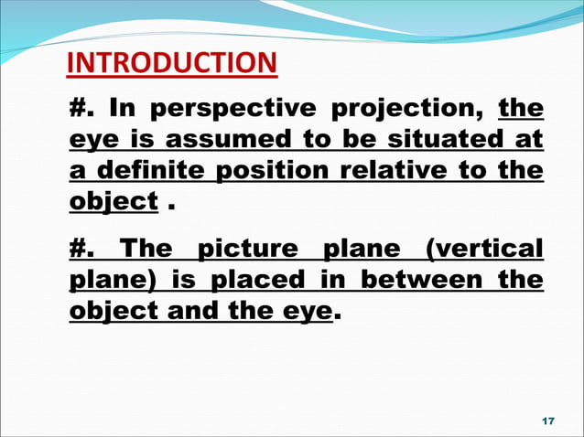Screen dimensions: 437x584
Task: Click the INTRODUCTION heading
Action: coord(172,63)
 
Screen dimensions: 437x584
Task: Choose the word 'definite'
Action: coord(152,170)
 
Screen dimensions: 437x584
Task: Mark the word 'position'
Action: coord(274,171)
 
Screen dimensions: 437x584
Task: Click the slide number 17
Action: coord(548,420)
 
